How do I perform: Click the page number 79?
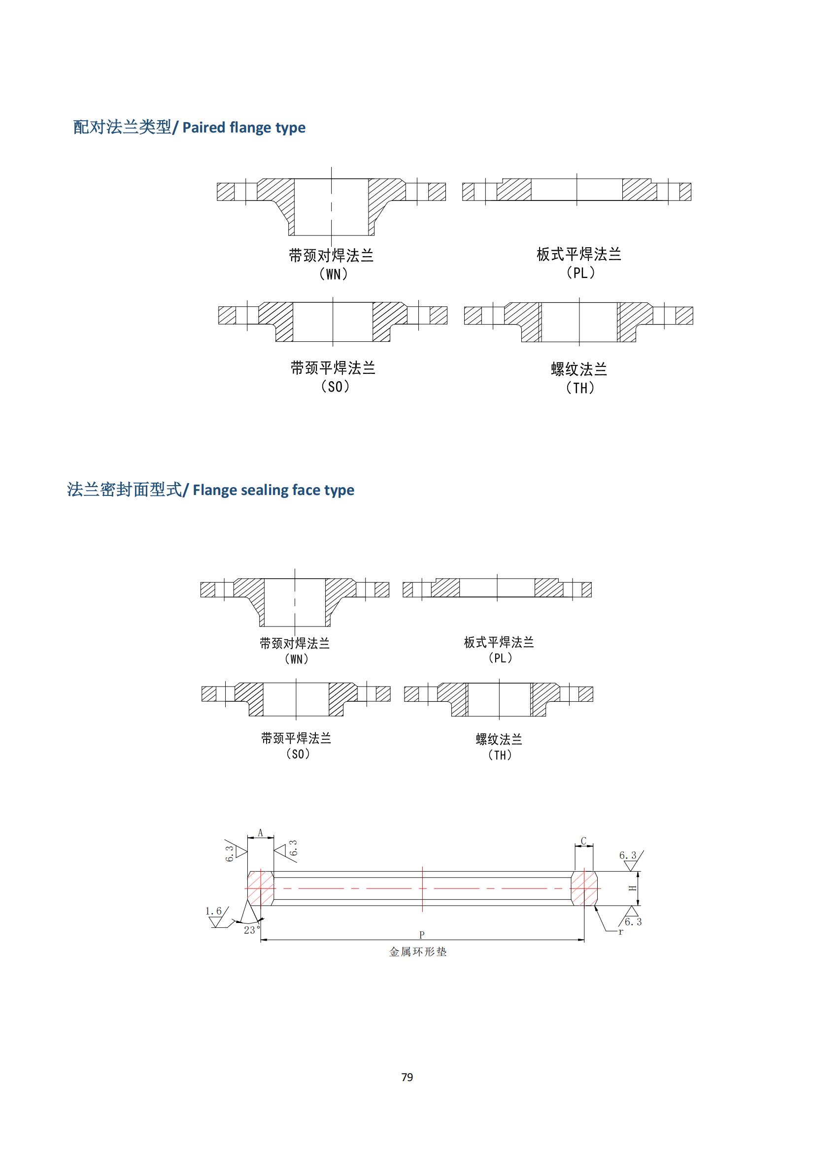pos(407,1077)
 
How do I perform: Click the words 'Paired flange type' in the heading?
pos(244,128)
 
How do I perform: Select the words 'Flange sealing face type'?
pos(273,490)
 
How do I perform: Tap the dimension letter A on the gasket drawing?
pos(261,833)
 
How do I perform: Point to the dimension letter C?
pos(583,841)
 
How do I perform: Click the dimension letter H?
pos(633,888)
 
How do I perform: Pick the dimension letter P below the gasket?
pos(422,935)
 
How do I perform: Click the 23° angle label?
pos(252,930)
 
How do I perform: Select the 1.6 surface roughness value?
pos(213,911)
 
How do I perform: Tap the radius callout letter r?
pos(621,932)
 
